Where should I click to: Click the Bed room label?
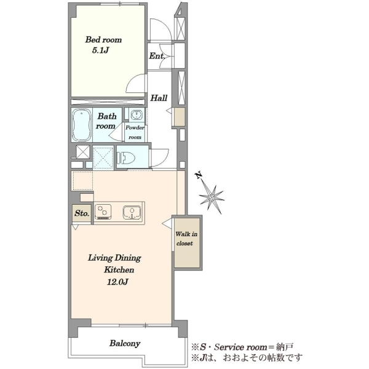click(x=103, y=39)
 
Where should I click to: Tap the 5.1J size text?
click(x=100, y=50)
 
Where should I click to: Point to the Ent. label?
click(x=157, y=56)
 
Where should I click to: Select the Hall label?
click(x=159, y=98)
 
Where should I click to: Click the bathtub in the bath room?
click(x=81, y=125)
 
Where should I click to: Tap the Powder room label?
click(x=135, y=132)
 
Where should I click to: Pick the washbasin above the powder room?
click(x=137, y=115)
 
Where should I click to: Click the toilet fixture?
click(x=126, y=157)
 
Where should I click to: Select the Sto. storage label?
click(x=82, y=213)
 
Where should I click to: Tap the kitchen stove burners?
click(x=103, y=212)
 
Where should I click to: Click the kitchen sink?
click(x=132, y=212)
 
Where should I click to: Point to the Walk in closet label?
click(x=186, y=239)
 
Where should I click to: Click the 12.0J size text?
click(x=117, y=282)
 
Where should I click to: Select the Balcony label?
click(x=125, y=343)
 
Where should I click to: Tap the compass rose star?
click(x=212, y=197)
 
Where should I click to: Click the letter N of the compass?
click(x=199, y=175)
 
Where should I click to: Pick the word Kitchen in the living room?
click(x=119, y=269)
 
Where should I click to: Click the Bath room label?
click(x=106, y=121)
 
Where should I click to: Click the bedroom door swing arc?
click(x=132, y=81)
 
